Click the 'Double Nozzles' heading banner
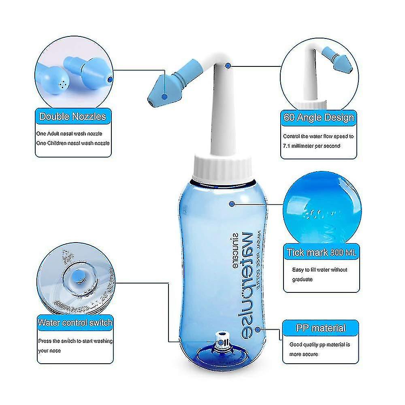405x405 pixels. pos(72,117)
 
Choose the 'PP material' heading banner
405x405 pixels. pos(320,328)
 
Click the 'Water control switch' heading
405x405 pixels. pos(75,323)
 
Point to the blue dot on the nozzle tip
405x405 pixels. pos(164,96)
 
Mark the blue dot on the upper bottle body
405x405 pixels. pos(232,204)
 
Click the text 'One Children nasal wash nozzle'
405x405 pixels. pos(75,143)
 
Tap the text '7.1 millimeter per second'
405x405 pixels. pos(312,145)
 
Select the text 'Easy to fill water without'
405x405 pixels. pos(320,270)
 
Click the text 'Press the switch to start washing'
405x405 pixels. pos(75,341)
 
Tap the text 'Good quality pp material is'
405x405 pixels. pos(320,345)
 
